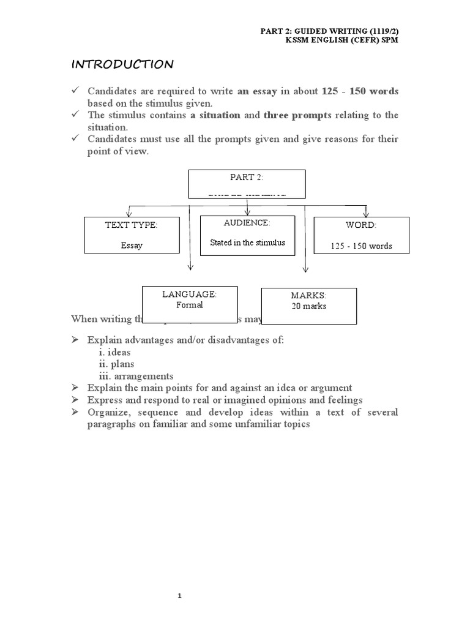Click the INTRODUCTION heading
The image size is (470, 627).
pos(122,64)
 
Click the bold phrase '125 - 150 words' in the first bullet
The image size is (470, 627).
pos(360,91)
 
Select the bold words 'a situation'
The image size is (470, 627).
pos(215,115)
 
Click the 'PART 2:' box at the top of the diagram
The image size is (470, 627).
pos(246,183)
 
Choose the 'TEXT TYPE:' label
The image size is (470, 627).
pos(131,225)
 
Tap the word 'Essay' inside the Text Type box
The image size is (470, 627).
pos(132,246)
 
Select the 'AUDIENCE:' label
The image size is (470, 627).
pos(247,223)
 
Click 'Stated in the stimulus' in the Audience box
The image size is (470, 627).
pos(247,242)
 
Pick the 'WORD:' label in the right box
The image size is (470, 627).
pos(361,225)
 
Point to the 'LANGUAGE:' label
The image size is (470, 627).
pos(189,295)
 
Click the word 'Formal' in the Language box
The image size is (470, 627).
pos(189,304)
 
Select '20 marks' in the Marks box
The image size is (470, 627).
pos(309,306)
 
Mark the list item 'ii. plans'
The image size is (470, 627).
pos(116,364)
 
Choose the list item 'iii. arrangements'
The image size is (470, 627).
pos(136,376)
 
